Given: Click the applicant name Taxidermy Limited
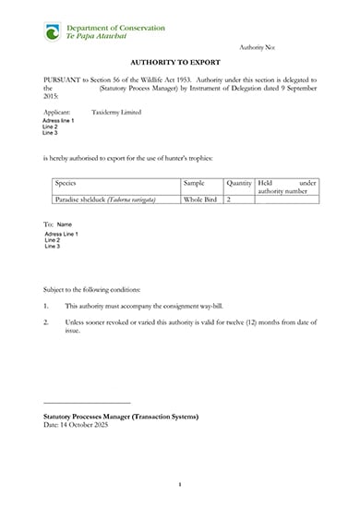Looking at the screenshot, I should coord(117,110).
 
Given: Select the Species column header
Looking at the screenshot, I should coord(66,184).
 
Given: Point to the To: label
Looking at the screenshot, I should coord(48,224).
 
